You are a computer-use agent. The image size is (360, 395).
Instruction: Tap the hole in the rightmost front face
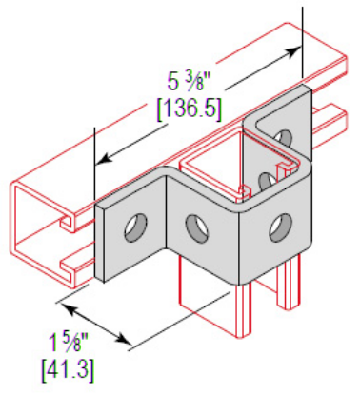point(277,227)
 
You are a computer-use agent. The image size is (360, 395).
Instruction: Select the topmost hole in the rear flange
point(283,142)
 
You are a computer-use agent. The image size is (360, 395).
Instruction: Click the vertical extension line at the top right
point(303,38)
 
